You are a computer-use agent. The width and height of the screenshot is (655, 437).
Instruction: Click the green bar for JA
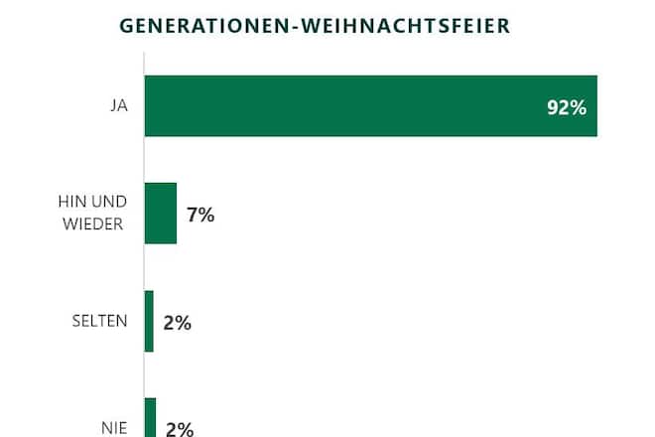370,106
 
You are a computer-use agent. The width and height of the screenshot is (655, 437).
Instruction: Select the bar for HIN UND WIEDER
160,214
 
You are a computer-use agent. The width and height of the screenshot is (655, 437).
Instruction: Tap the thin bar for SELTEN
149,321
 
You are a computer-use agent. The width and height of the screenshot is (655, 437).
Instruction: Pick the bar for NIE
150,418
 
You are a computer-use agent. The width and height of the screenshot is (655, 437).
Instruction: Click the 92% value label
566,107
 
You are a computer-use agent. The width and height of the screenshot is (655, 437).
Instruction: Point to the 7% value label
200,214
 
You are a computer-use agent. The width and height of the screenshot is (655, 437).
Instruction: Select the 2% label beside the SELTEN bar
178,322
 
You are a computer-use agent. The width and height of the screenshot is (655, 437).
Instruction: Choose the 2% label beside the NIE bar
179,428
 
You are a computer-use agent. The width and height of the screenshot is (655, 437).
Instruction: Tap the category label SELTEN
99,322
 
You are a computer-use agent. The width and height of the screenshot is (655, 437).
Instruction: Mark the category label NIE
114,428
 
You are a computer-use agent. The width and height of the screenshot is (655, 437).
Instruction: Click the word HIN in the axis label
71,203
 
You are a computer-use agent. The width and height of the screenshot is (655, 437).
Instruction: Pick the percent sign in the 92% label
577,107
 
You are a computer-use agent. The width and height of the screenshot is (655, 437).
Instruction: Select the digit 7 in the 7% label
193,214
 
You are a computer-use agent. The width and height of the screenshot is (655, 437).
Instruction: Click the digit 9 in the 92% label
553,107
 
